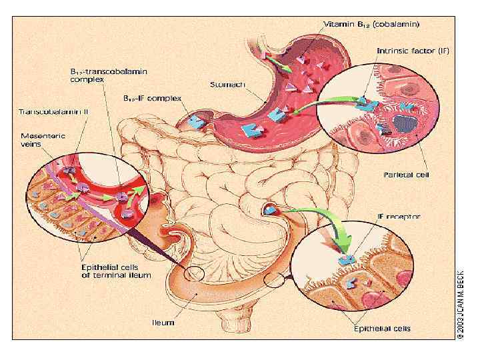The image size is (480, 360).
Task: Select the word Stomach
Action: [228, 85]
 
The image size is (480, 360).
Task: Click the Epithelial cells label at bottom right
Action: [382, 328]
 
